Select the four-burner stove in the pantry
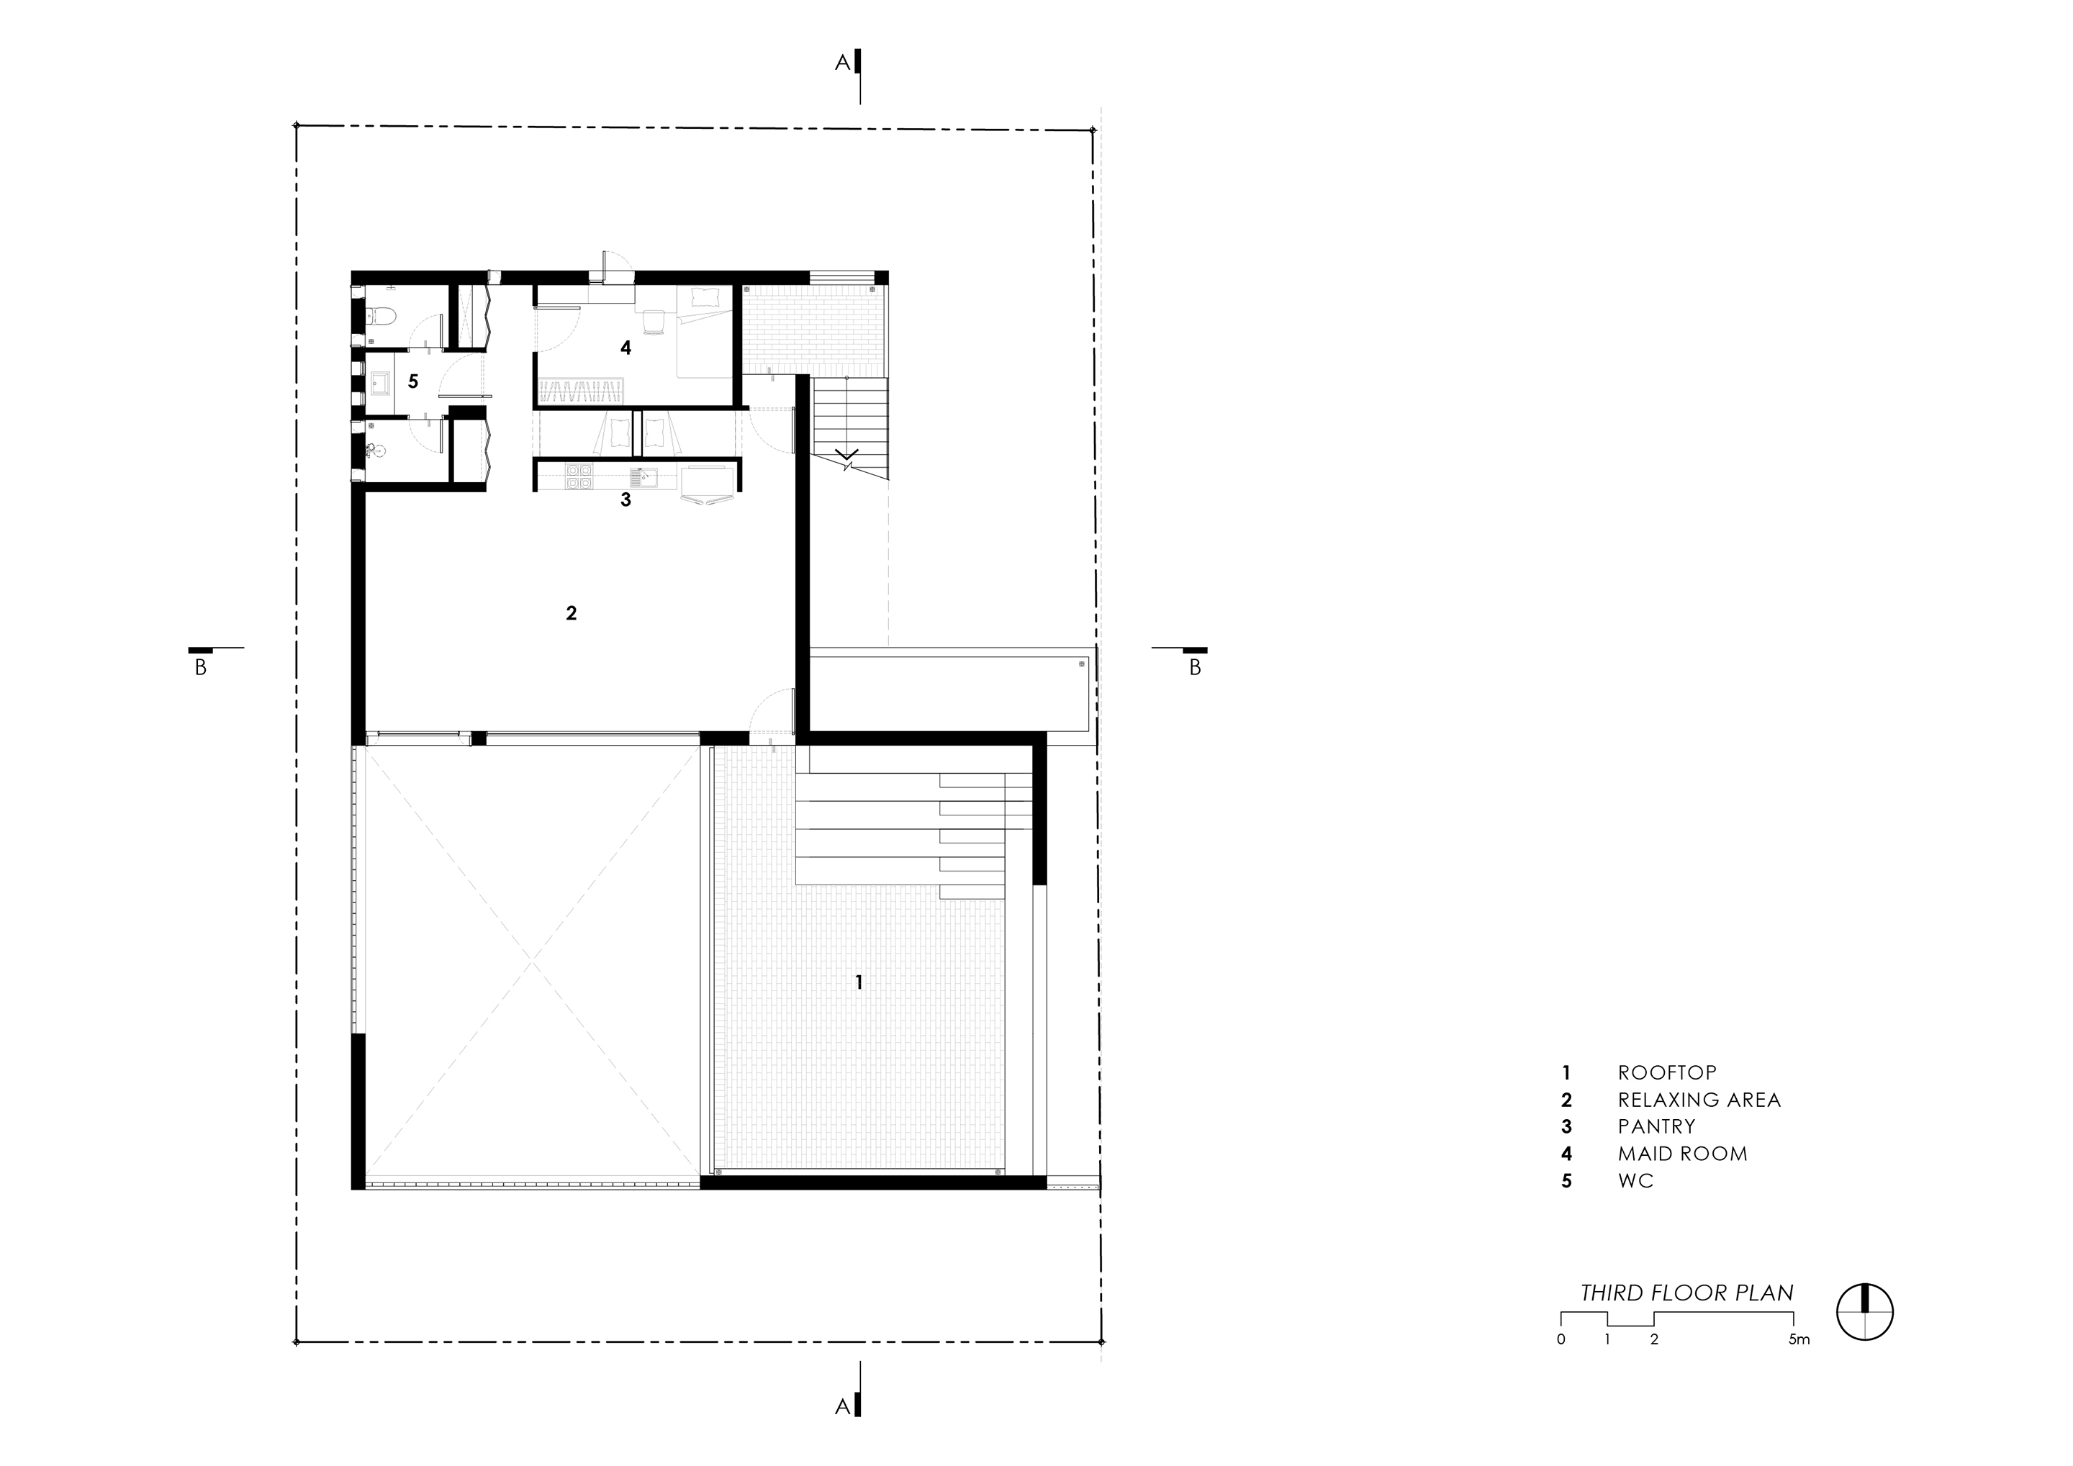(578, 476)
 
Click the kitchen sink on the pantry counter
(643, 476)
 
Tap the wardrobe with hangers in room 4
(582, 392)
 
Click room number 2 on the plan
(571, 613)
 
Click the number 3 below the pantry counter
(625, 499)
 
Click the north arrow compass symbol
(1865, 1312)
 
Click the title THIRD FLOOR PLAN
(1686, 1293)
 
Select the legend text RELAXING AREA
(1699, 1100)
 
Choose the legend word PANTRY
(1657, 1126)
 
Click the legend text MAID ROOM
(1683, 1154)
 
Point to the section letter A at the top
(842, 63)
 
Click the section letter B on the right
(1195, 668)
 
